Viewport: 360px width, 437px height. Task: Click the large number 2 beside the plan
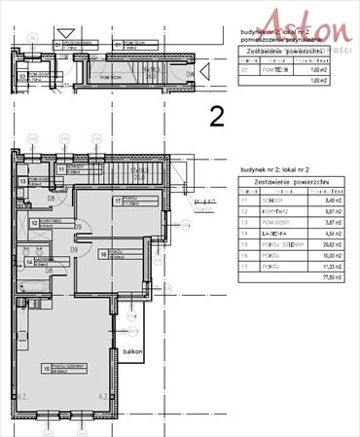click(217, 118)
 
